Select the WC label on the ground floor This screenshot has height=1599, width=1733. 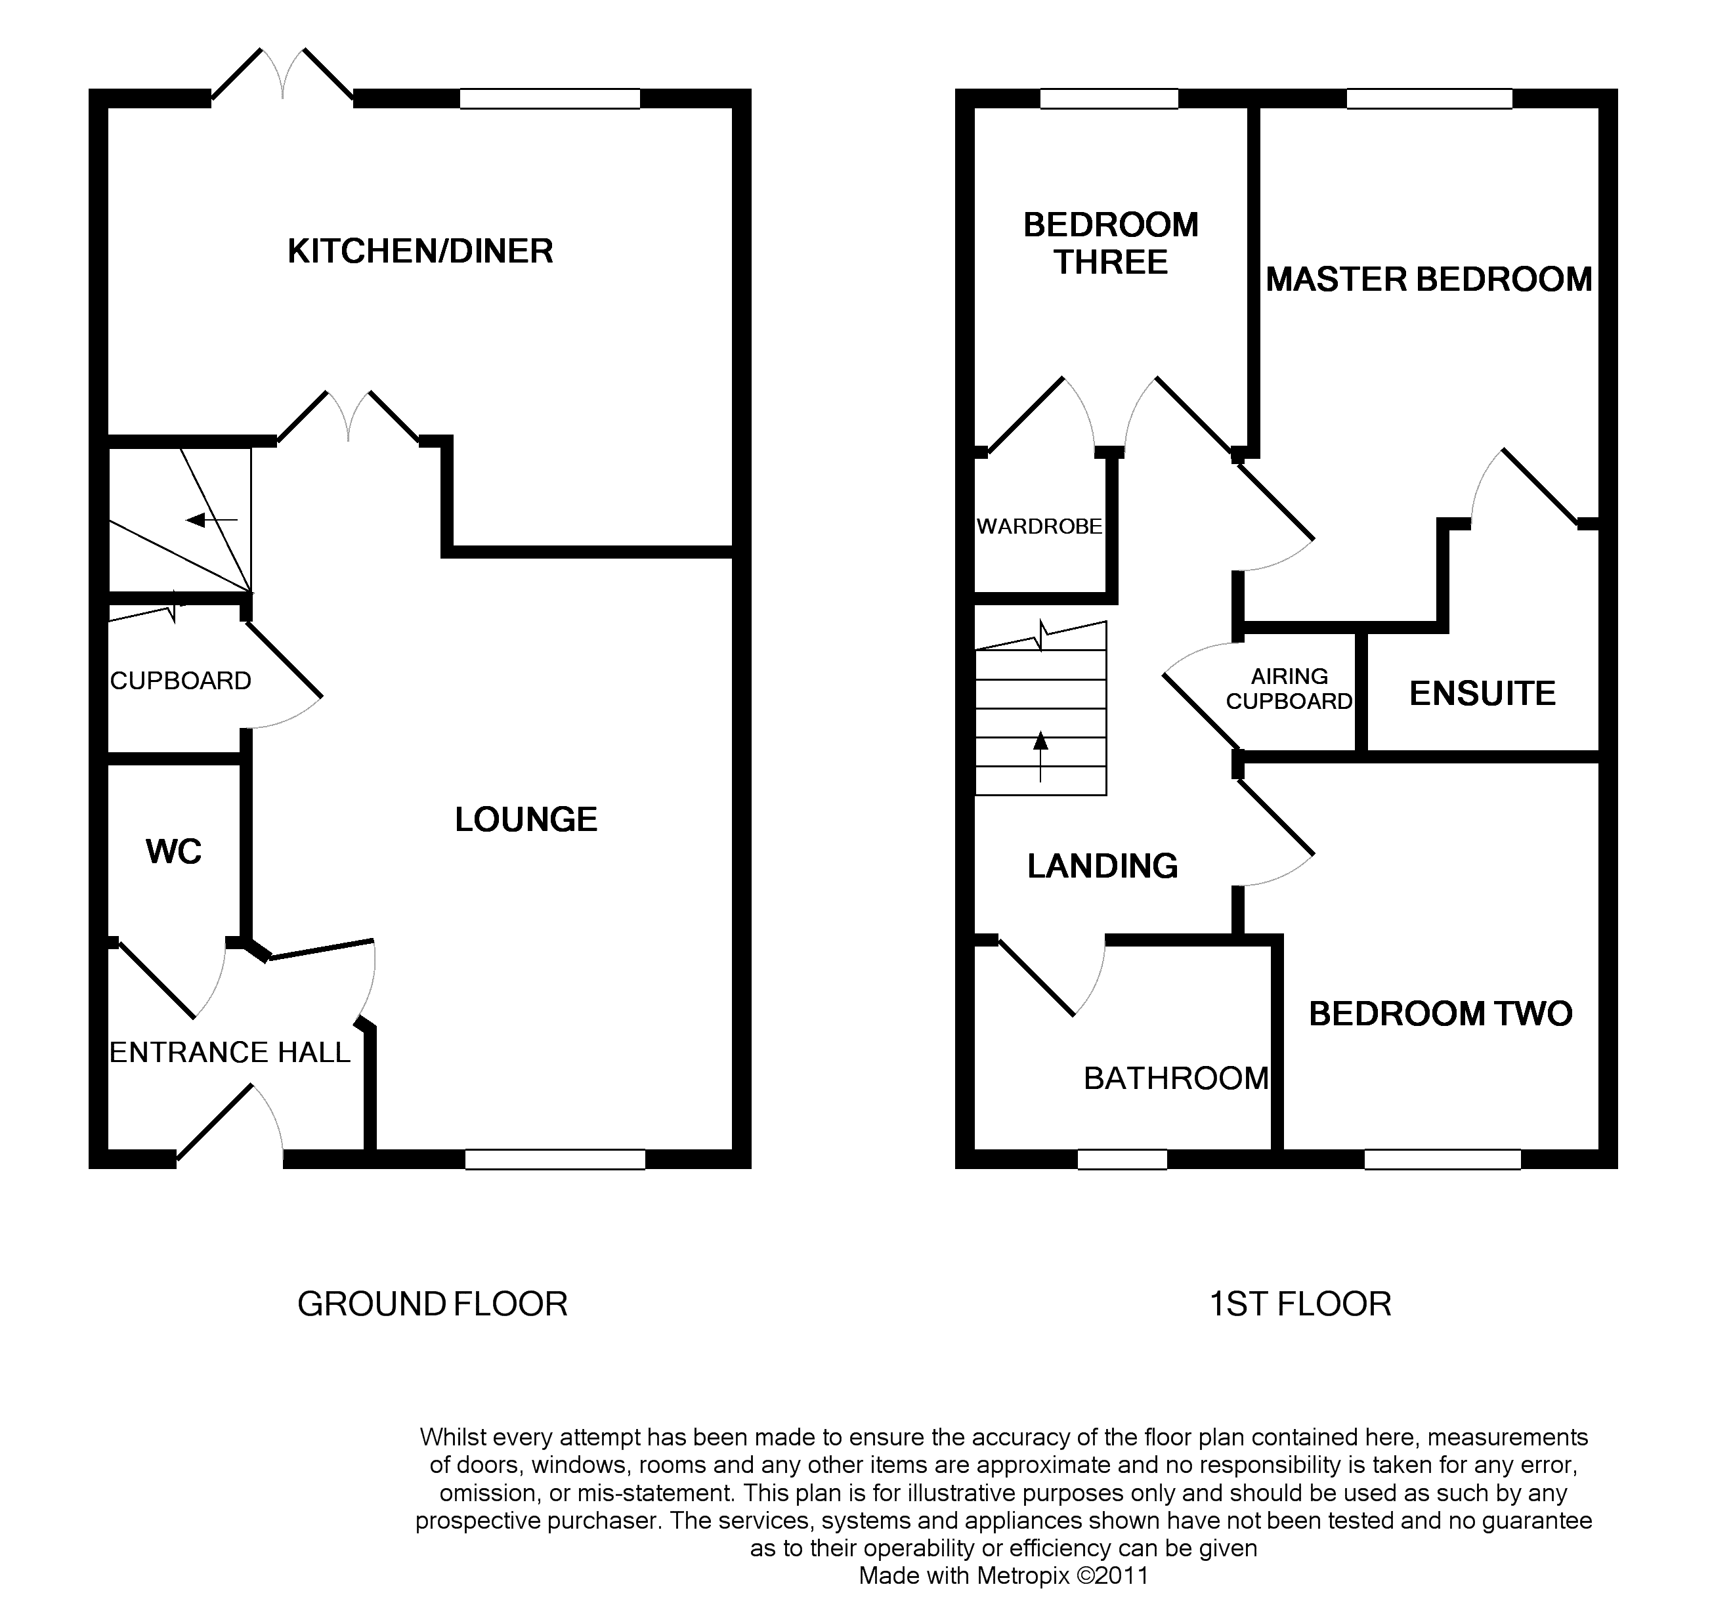(x=174, y=852)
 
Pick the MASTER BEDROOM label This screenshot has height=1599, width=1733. (x=1428, y=280)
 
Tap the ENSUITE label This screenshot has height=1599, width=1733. (x=1482, y=694)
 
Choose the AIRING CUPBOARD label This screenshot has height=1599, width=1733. (x=1289, y=689)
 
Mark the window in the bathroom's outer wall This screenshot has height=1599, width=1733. (x=1122, y=1159)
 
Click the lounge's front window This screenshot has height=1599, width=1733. (x=555, y=1159)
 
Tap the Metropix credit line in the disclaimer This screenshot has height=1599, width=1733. (x=1003, y=1575)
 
